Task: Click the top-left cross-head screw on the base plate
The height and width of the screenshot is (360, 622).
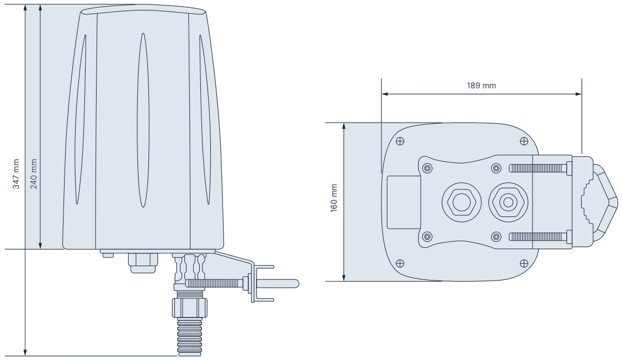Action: click(x=400, y=140)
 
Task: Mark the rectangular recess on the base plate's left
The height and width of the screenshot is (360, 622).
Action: click(x=403, y=202)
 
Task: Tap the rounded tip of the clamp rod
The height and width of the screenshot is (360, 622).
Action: click(x=295, y=283)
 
